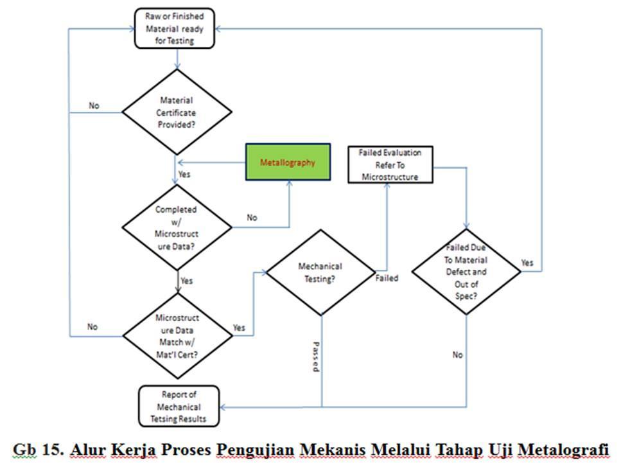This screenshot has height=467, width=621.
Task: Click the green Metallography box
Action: pyautogui.click(x=288, y=162)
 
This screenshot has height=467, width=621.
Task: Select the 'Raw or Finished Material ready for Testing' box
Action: pyautogui.click(x=175, y=28)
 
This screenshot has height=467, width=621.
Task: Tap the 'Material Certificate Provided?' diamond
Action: pyautogui.click(x=177, y=112)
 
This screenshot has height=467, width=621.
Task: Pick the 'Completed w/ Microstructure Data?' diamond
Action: pyautogui.click(x=177, y=228)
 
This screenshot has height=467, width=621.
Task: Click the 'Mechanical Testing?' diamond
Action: pyautogui.click(x=320, y=272)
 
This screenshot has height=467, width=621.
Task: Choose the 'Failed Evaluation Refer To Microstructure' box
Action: pyautogui.click(x=390, y=165)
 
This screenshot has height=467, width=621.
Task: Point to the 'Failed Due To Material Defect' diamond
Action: pyautogui.click(x=466, y=272)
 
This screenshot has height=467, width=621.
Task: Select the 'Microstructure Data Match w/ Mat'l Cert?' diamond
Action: pyautogui.click(x=177, y=336)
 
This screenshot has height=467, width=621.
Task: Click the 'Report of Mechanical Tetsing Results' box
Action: pyautogui.click(x=179, y=407)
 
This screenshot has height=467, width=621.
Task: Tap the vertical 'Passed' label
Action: pyautogui.click(x=316, y=357)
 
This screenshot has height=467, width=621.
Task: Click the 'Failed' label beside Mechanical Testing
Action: pyautogui.click(x=387, y=278)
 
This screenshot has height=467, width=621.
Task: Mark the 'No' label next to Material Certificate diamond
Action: pyautogui.click(x=94, y=105)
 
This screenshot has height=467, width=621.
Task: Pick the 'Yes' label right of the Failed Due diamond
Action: pyautogui.click(x=527, y=263)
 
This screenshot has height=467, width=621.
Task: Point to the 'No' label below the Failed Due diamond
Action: pyautogui.click(x=457, y=355)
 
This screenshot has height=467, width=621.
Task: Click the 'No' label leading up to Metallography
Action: pyautogui.click(x=252, y=218)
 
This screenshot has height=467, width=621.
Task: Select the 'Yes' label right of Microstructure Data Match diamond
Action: pyautogui.click(x=239, y=328)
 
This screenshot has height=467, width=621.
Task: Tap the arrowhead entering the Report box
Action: pyautogui.click(x=223, y=407)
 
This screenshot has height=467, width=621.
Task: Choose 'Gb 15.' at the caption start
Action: pyautogui.click(x=38, y=450)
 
